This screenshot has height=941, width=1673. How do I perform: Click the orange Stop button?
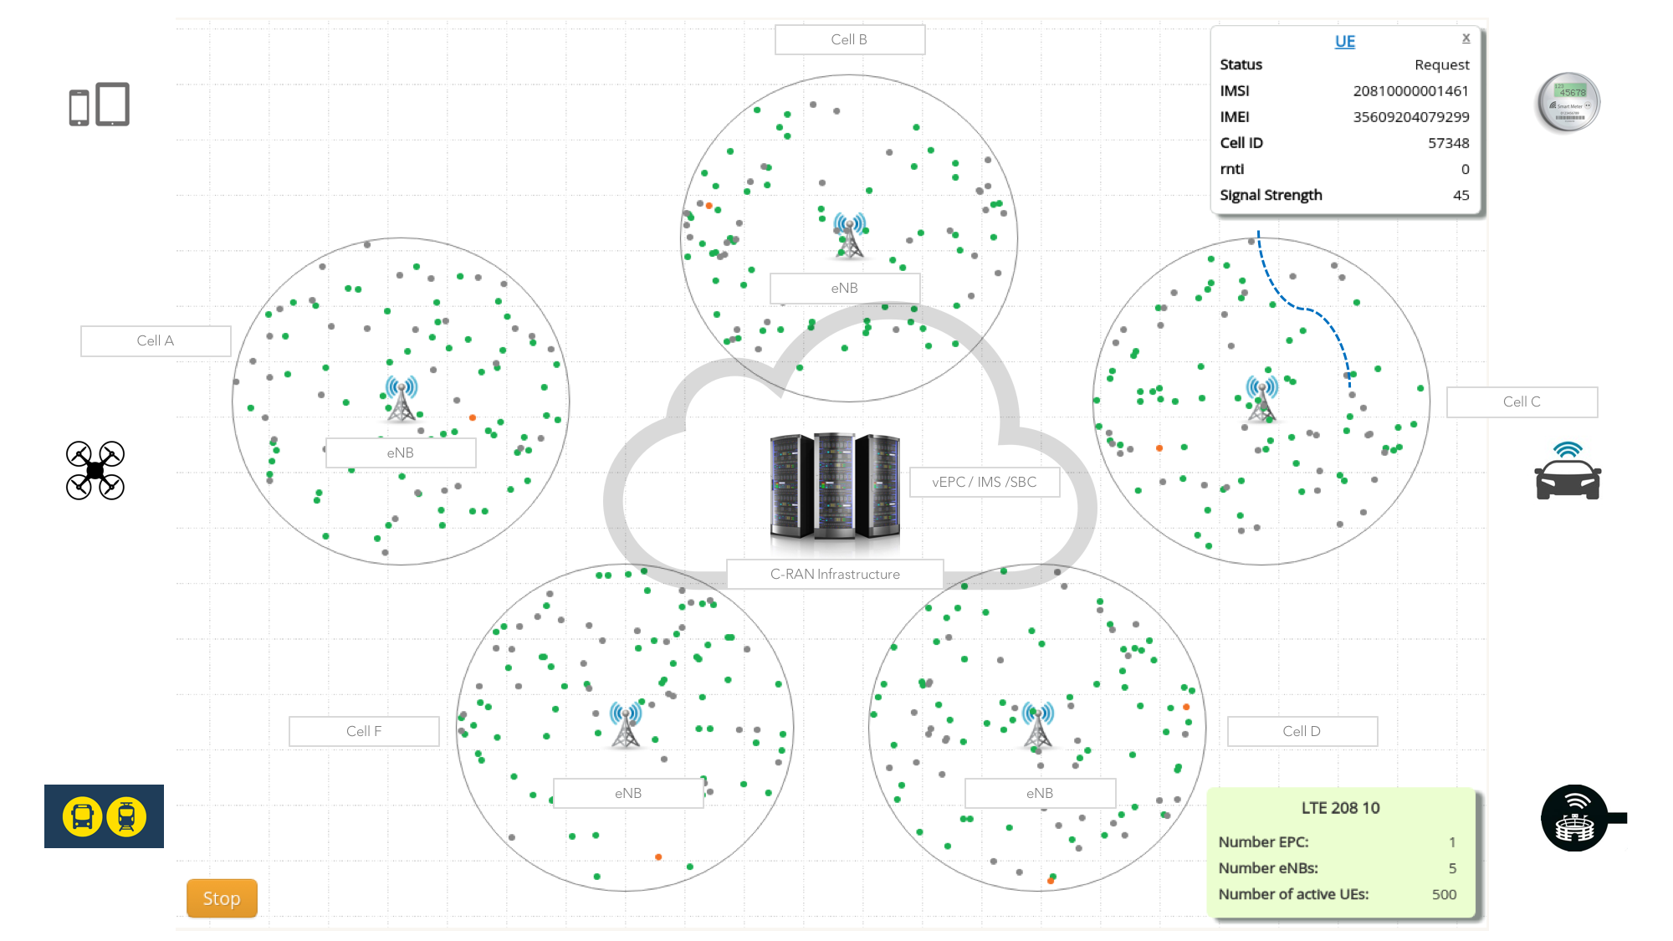coord(222,898)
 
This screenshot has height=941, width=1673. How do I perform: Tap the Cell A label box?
coord(156,340)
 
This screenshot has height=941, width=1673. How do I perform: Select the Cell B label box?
coord(849,39)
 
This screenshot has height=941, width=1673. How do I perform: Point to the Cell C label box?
coord(1522,401)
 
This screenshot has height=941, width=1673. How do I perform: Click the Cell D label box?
coord(1302,731)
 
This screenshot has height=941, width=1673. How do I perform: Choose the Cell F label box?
coord(364,731)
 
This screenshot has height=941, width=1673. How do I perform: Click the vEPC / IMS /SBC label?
coord(984,482)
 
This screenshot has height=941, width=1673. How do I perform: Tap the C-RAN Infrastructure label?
coord(835,574)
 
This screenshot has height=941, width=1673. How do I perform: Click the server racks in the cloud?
coord(835,485)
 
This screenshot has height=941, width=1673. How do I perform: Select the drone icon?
coord(95,470)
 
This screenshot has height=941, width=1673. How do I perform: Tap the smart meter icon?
coord(1568,103)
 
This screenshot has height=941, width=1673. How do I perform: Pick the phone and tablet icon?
coord(100,105)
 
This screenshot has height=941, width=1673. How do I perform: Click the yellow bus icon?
coord(83,816)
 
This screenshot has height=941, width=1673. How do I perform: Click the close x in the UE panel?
coord(1466,38)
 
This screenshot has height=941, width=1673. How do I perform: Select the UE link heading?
coord(1344,41)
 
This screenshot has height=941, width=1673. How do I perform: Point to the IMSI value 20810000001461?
coord(1410,90)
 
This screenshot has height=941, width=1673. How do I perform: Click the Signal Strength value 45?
coord(1461,195)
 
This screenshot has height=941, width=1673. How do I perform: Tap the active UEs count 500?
coord(1444,894)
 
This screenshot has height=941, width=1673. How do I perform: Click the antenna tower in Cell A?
coord(402,399)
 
